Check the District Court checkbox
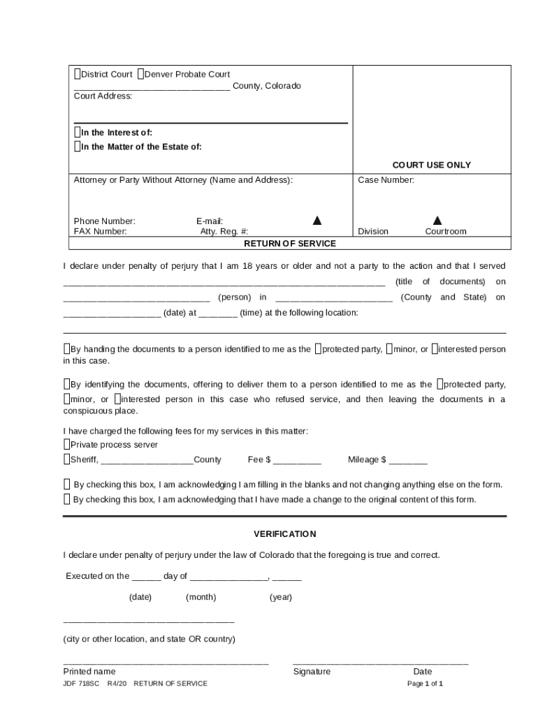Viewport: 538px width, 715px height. [78, 74]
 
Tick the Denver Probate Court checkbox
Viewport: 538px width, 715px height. [140, 74]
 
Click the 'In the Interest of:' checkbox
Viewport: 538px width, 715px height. [78, 132]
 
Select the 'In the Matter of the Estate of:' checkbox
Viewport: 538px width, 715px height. [78, 147]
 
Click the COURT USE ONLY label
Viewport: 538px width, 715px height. [431, 165]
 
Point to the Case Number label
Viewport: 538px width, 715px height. [386, 180]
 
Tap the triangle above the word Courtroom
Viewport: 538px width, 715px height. [437, 221]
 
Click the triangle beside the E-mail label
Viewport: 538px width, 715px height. [317, 221]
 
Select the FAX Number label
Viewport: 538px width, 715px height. [101, 232]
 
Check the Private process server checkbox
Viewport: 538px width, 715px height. [66, 445]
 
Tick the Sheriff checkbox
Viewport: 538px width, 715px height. [66, 459]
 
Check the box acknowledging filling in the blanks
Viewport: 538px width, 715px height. [67, 485]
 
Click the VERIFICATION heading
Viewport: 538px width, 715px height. [284, 534]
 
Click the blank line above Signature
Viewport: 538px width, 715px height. [380, 662]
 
